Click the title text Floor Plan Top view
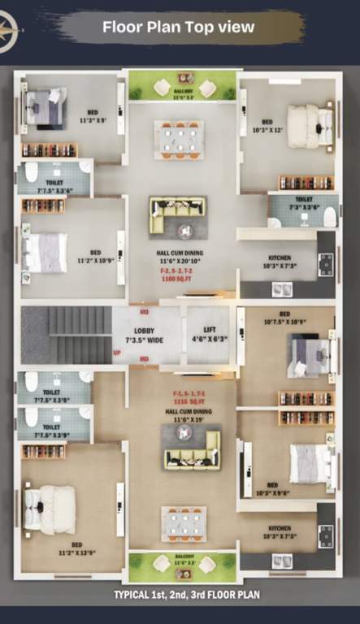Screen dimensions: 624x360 (178, 27)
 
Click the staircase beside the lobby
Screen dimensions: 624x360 (67, 335)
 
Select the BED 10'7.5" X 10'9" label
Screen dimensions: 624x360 (284, 318)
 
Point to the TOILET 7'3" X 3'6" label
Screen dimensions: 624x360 (303, 203)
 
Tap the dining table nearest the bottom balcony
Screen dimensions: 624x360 (183, 524)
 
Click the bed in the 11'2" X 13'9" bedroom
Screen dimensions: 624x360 (50, 509)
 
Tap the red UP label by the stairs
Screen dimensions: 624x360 (117, 353)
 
